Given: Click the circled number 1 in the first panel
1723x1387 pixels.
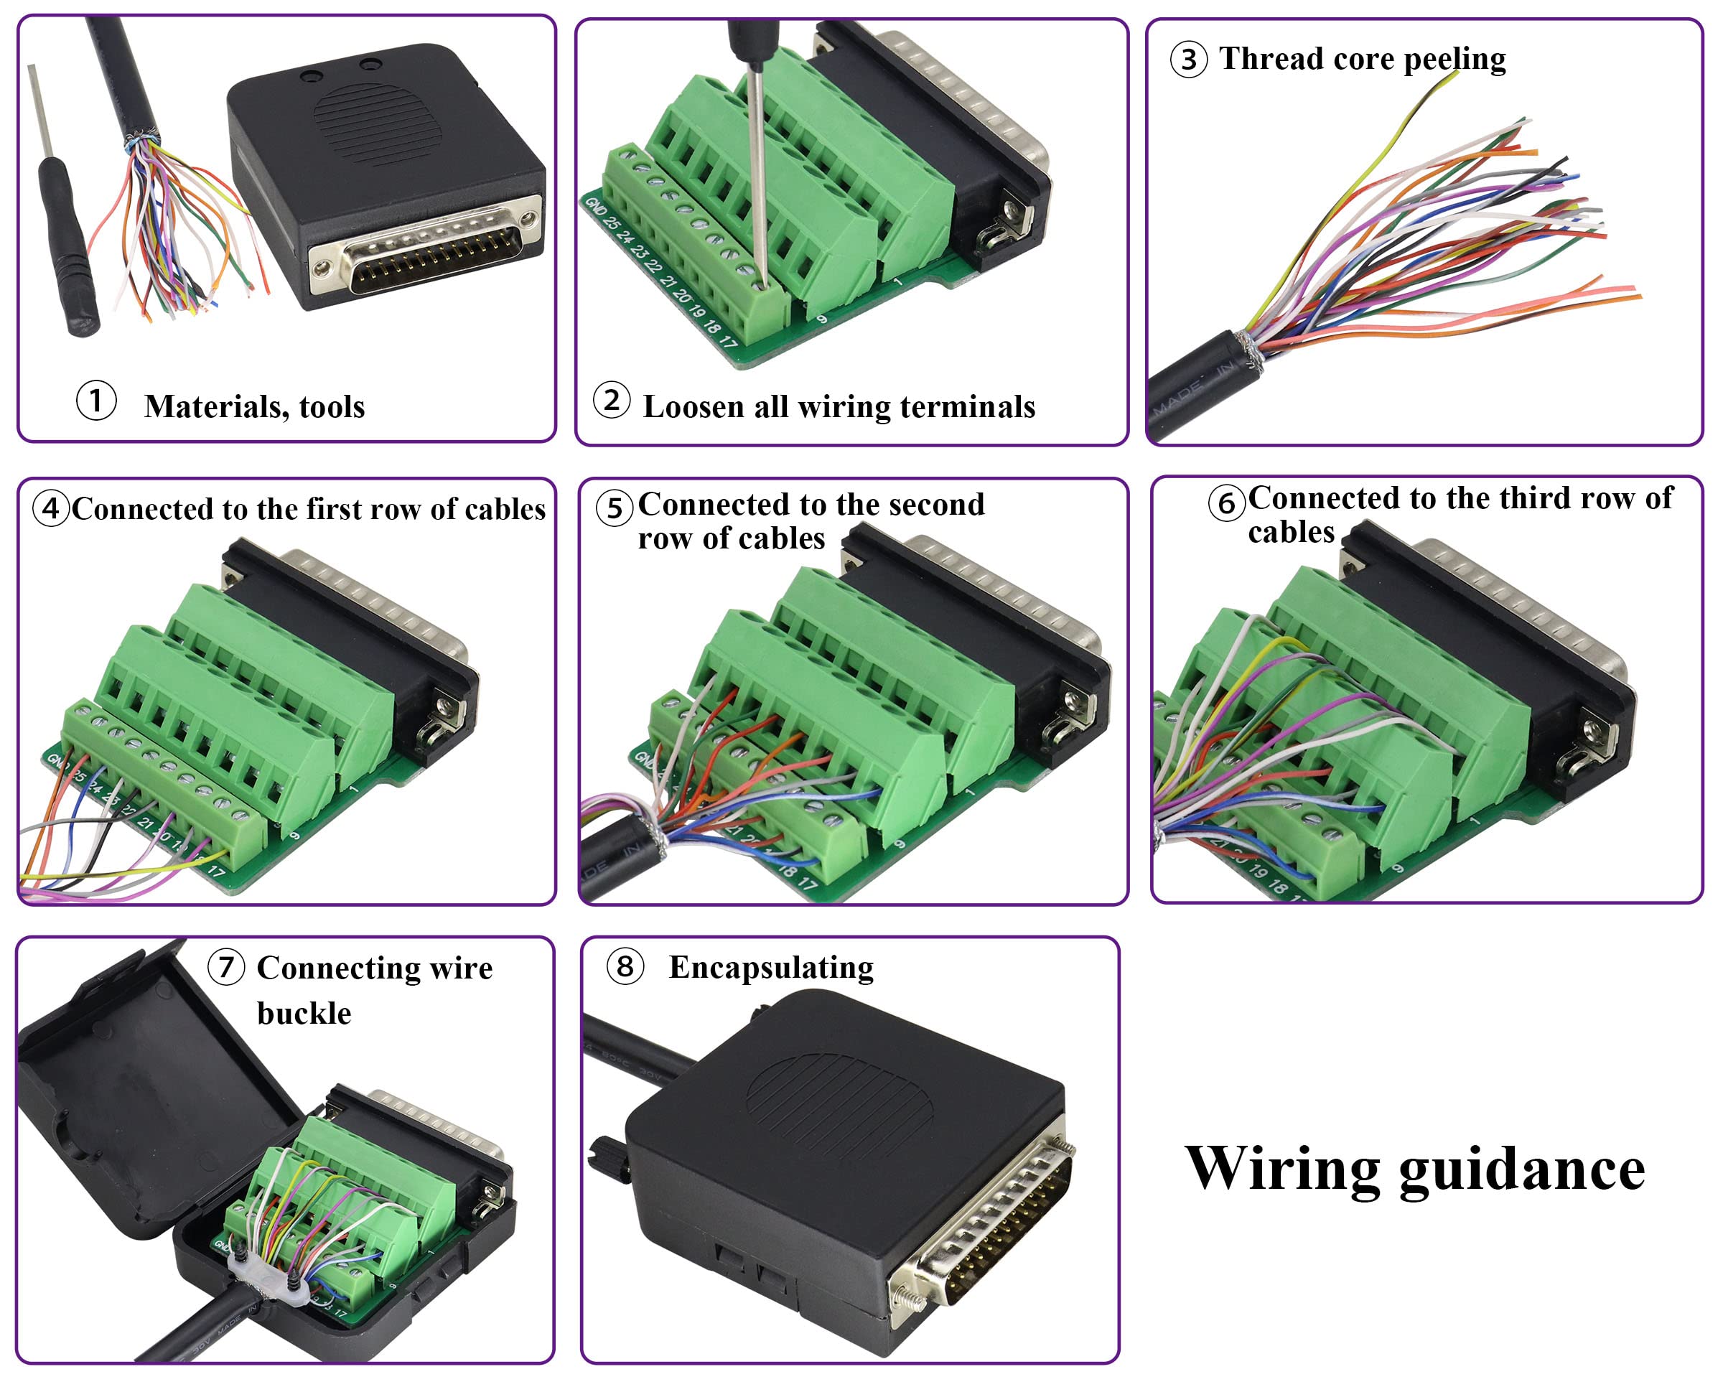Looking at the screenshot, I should click(96, 401).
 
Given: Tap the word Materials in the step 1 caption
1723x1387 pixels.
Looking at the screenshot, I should click(210, 406).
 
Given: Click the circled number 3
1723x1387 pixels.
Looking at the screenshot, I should click(1188, 60).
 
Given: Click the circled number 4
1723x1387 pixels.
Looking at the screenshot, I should click(51, 508).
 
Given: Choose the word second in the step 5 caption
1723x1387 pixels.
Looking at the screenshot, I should click(938, 504).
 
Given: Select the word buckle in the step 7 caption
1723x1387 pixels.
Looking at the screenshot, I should click(304, 1013).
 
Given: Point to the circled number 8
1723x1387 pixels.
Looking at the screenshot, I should click(625, 966).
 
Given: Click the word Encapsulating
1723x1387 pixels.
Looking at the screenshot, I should click(770, 967).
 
